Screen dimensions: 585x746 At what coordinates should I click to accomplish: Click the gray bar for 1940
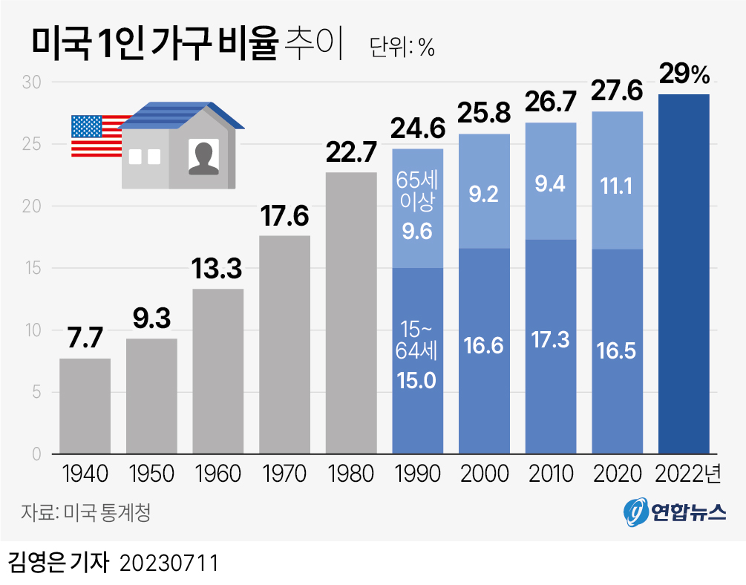coord(85,405)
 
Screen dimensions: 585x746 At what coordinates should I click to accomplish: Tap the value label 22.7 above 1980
coord(351,154)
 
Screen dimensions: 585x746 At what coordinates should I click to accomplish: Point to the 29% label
coord(684,75)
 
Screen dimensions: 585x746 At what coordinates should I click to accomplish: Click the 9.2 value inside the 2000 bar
coord(484,195)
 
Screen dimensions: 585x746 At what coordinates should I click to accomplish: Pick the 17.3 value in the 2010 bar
coord(550,339)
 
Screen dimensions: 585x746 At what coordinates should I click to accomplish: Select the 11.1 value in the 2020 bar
coord(617,186)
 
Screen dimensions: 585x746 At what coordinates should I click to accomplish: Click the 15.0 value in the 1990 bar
coord(417,382)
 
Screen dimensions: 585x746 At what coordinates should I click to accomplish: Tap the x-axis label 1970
coord(284,473)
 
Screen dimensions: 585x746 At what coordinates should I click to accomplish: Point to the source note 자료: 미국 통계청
coord(85,512)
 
